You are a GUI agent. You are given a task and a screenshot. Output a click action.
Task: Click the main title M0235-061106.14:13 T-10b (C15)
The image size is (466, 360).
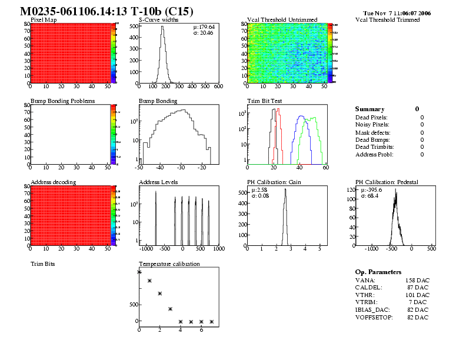pos(106,12)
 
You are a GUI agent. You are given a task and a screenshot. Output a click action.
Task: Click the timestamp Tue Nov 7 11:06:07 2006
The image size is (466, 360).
pos(397,13)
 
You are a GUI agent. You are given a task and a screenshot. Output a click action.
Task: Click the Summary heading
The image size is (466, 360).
pos(370,109)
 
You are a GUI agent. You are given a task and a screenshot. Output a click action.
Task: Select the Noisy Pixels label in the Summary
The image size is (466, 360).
pos(372,125)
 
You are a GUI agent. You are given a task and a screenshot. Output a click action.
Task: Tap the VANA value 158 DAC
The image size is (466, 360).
pos(418,280)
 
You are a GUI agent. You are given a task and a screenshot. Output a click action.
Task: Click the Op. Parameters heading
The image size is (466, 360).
pos(378,272)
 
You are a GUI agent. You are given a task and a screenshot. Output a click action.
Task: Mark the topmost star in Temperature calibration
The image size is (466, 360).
pos(139,272)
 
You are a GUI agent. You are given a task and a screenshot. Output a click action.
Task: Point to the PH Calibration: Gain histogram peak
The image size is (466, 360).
pos(285,189)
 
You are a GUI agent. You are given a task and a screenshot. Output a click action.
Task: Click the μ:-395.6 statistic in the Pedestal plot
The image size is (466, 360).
pos(372,190)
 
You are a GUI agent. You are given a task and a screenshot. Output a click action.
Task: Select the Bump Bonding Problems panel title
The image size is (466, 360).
pos(62,101)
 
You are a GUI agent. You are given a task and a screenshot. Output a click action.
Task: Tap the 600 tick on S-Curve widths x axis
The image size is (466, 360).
pos(218,87)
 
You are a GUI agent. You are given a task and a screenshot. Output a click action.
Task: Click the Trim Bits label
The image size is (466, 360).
pos(43,265)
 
